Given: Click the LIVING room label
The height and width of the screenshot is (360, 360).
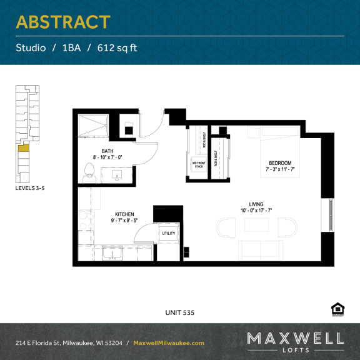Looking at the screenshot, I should pyautogui.click(x=256, y=204).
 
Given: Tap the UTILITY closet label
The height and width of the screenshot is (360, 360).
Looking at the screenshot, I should pyautogui.click(x=169, y=234).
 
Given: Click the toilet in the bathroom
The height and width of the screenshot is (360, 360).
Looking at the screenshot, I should pyautogui.click(x=89, y=171).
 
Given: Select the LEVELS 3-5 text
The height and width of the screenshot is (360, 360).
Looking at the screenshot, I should pyautogui.click(x=30, y=187).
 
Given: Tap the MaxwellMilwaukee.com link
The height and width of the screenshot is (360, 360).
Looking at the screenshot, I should pyautogui.click(x=169, y=343).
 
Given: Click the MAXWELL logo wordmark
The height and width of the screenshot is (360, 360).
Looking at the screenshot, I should pyautogui.click(x=295, y=339).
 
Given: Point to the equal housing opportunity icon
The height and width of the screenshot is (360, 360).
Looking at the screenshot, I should pyautogui.click(x=337, y=308).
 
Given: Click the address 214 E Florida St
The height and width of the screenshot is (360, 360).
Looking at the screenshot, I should pyautogui.click(x=47, y=343).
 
